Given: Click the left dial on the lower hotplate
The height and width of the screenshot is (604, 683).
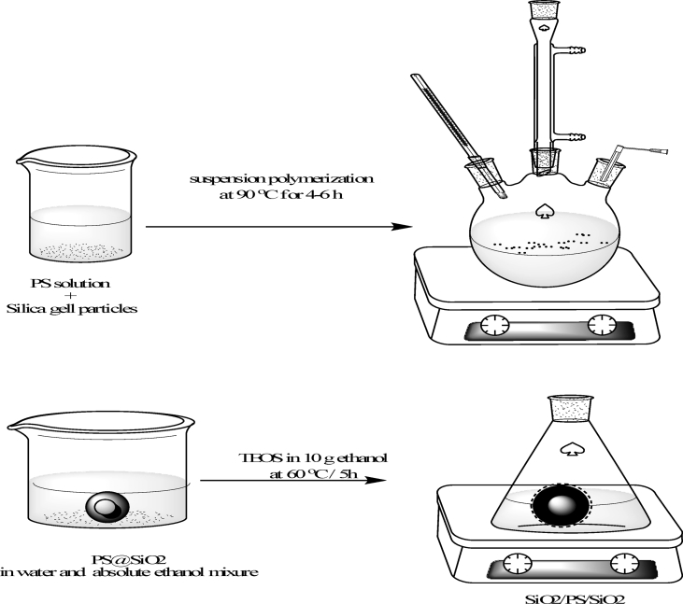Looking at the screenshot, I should pos(513,563).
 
